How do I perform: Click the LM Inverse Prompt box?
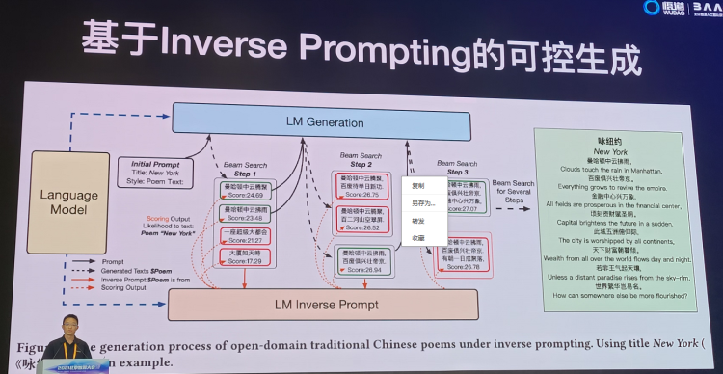(x=324, y=305)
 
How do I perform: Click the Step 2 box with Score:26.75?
(x=364, y=186)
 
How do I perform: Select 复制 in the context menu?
(x=418, y=186)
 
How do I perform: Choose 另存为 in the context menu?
(x=422, y=203)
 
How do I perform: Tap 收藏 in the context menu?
(x=418, y=236)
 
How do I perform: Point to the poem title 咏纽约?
(x=612, y=141)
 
